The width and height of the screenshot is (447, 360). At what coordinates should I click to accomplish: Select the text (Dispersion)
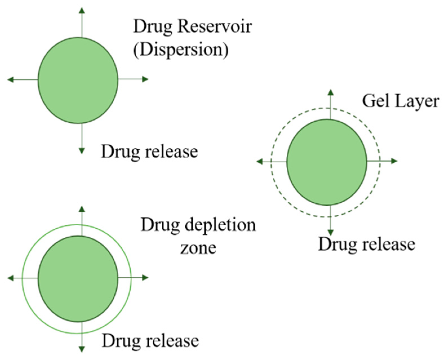pos(181,50)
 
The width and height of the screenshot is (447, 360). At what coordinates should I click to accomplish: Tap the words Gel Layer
pos(400,101)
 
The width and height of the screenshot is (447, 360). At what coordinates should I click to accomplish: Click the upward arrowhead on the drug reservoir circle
pos(82,10)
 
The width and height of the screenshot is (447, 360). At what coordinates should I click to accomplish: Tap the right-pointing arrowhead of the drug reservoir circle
pos(145,79)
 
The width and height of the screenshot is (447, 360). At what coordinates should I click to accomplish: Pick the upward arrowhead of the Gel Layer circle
pos(331,92)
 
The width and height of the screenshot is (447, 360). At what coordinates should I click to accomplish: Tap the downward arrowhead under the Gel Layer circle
pos(331,232)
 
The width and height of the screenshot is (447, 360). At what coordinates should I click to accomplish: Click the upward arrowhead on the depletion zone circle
pos(82,209)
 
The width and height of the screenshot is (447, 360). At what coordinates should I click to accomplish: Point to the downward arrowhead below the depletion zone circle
pos(82,349)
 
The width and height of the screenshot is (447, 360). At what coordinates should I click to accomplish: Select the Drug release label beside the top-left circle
pos(149,152)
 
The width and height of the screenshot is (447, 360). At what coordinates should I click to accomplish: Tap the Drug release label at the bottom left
pos(150,341)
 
